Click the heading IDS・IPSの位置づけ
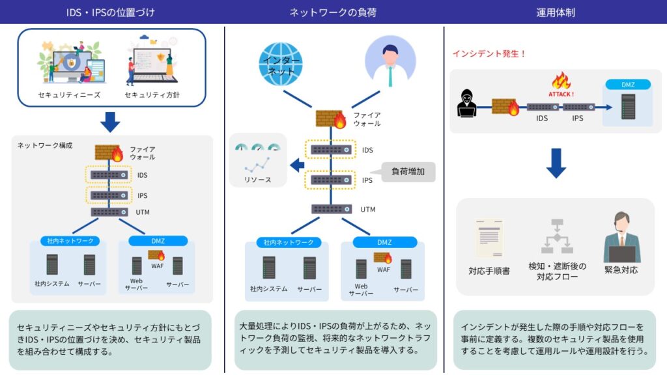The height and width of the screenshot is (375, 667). (111, 12)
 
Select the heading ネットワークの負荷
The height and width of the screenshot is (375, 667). (333, 12)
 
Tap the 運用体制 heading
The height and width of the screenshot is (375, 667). (555, 12)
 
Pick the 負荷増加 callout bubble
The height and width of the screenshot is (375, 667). (408, 172)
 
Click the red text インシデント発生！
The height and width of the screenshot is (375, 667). (489, 54)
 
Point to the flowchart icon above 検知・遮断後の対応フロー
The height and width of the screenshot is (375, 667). (557, 236)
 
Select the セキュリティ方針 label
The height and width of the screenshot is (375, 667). (152, 95)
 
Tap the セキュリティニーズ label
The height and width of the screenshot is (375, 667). (69, 95)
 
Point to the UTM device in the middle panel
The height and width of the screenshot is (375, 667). (332, 209)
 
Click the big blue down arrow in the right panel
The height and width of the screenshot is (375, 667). (556, 163)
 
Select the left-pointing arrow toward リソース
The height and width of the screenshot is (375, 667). (297, 165)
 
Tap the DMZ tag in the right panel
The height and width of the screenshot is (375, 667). (629, 85)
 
